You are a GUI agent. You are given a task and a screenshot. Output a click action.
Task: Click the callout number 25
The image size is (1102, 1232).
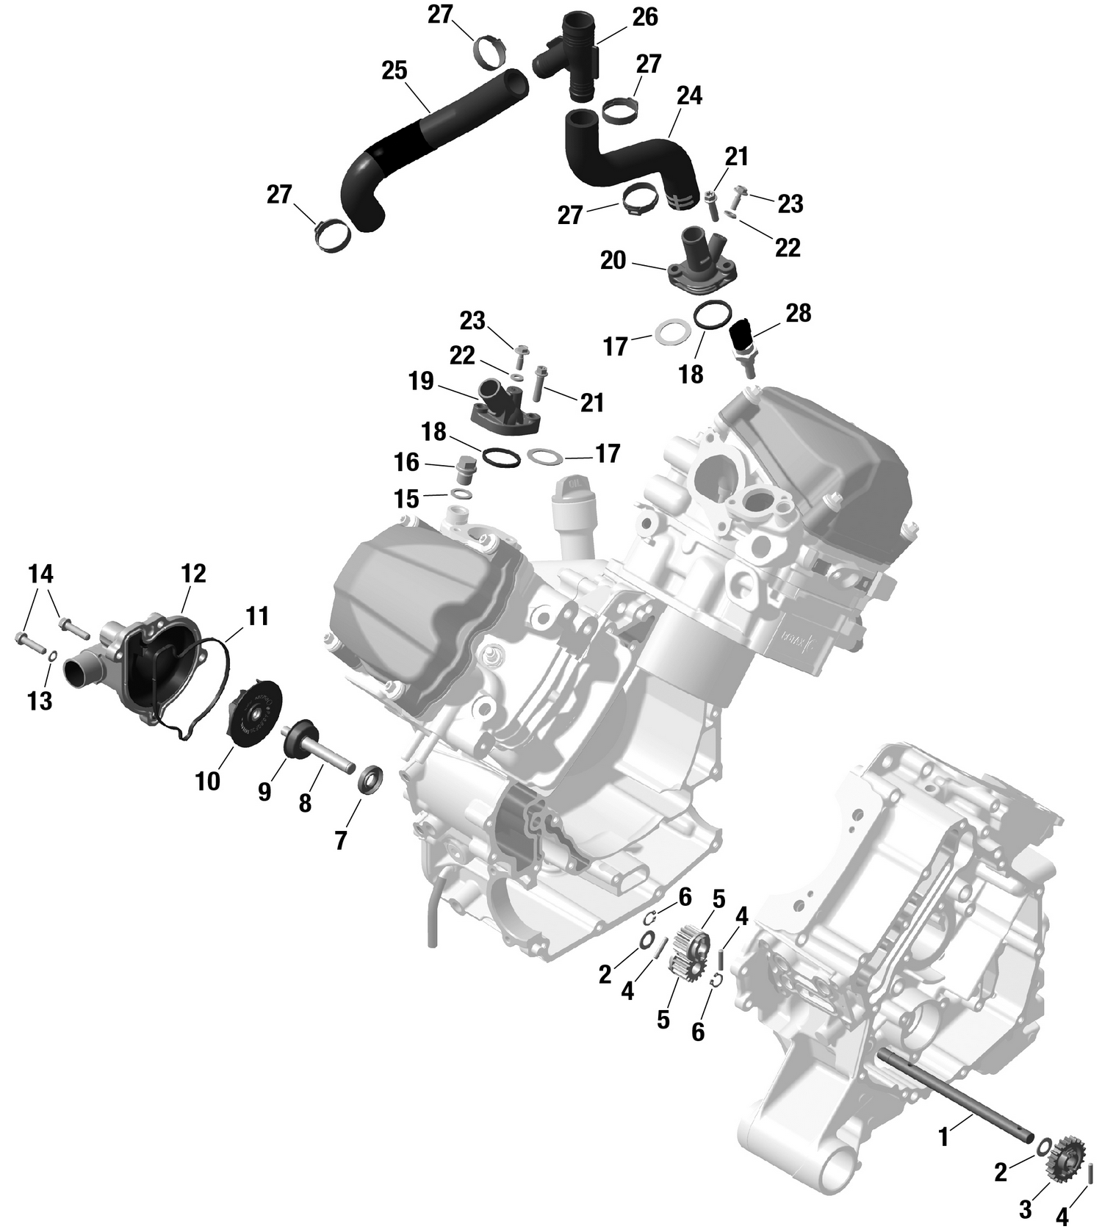395,71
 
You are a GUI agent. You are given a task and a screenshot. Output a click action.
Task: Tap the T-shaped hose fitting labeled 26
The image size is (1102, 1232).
577,55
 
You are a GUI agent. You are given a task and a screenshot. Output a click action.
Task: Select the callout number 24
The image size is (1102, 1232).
690,96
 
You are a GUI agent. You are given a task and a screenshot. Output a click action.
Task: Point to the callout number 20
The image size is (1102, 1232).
613,260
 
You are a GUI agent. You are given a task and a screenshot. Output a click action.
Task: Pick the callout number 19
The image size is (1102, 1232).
422,382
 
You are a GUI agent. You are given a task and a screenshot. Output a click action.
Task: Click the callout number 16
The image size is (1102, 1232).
406,463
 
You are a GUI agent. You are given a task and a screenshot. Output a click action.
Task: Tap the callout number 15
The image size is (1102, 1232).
406,500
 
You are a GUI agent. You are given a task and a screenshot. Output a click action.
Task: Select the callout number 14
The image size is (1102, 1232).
41,573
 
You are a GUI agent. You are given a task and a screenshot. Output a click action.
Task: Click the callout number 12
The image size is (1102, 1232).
193,574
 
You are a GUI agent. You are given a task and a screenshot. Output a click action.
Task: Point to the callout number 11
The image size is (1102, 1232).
257,616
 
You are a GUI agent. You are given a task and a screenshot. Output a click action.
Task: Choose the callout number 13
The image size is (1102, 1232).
40,701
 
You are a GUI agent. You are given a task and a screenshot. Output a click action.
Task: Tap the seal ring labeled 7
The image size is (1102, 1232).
370,779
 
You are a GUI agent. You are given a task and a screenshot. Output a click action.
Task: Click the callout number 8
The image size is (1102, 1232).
305,803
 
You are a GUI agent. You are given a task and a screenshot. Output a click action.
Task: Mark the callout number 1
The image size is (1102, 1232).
943,1138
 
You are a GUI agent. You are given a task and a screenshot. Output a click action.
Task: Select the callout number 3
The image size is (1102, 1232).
1025,1208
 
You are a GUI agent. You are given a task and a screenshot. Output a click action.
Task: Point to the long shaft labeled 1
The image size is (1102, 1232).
955,1103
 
